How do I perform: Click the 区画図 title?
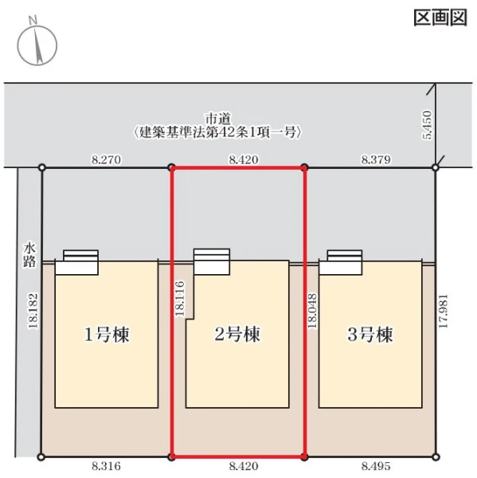[440, 18]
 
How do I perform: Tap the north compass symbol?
[37, 43]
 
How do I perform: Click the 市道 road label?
[218, 119]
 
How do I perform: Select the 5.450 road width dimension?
[428, 125]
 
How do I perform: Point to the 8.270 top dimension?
[107, 159]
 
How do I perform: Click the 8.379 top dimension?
[376, 159]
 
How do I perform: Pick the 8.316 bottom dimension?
[107, 466]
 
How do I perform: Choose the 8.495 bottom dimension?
[376, 466]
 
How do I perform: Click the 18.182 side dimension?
[33, 311]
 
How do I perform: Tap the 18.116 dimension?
[179, 299]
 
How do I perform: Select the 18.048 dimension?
[312, 311]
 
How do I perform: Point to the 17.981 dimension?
[443, 311]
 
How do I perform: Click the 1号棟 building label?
[107, 334]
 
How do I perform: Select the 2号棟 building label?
[237, 334]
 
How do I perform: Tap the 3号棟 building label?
[370, 334]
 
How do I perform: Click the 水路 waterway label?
[29, 256]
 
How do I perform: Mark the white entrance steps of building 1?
[76, 262]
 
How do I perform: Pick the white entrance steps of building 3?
[341, 262]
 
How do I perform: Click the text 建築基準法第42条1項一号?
[218, 132]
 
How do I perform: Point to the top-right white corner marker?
[436, 167]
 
